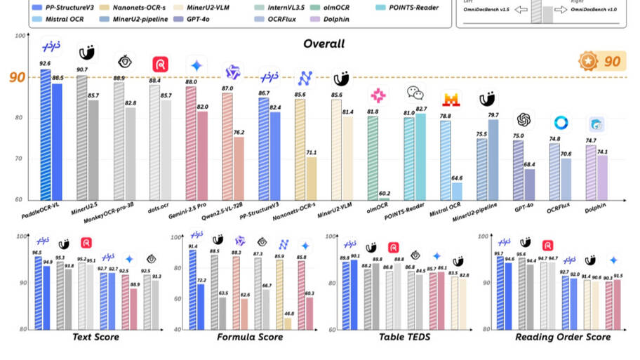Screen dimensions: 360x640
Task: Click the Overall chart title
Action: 324,44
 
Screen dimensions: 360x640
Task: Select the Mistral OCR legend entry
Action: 63,20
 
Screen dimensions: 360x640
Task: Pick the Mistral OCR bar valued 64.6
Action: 456,191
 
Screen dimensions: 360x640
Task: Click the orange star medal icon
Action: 588,61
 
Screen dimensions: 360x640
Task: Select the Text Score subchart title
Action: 95,338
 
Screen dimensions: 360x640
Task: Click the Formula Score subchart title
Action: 250,338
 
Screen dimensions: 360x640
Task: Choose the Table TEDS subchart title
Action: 404,338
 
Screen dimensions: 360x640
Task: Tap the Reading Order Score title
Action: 563,338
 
